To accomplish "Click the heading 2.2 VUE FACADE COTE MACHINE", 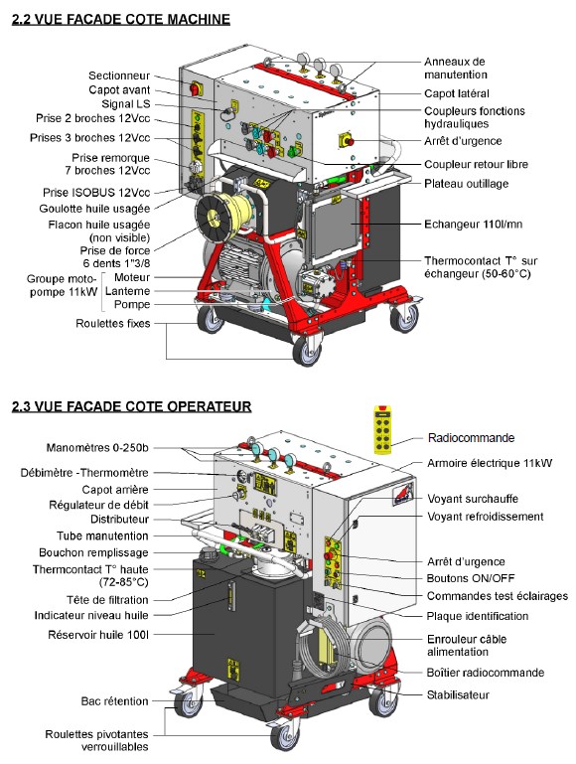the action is pos(121,20).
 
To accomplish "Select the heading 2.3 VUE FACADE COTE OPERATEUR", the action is pos(131,406).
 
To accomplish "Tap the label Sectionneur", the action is pos(119,76).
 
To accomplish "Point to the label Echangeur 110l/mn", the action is pos(474,225).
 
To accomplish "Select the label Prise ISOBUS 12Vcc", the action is pos(96,193).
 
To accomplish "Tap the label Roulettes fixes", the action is pos(113,324).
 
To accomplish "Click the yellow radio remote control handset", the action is pos(382,429).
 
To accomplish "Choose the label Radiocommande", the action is pos(471,437).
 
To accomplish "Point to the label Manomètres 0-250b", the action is pos(97,448).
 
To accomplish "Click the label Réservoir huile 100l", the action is pos(98,635).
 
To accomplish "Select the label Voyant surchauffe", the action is pos(473,499).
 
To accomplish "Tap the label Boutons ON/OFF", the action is pos(471,578).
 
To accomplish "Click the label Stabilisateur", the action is pos(458,694).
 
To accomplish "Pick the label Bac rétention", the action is pos(114,701).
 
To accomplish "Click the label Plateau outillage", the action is pos(467,184).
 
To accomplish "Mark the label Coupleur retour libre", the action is pos(476,164).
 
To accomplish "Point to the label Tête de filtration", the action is pos(107,600).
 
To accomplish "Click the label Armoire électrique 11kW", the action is pos(490,463).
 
